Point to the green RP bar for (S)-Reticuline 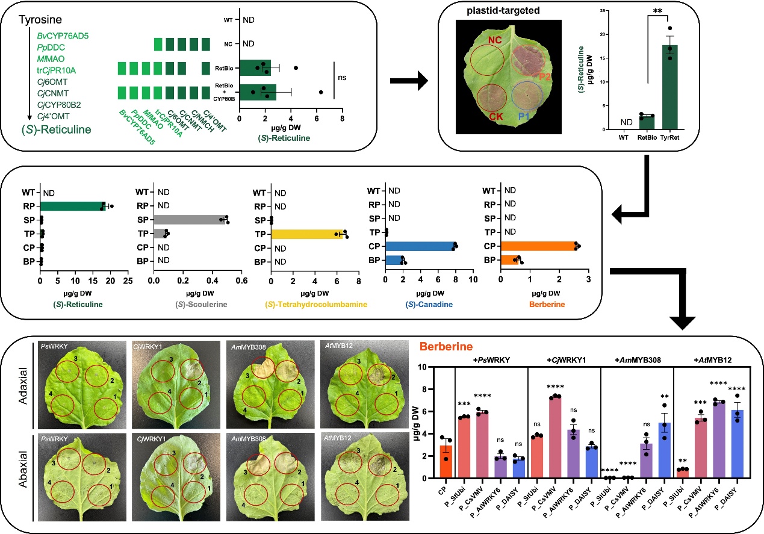[x=72, y=206]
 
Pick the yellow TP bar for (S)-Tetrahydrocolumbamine [x=306, y=234]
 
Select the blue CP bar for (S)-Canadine [x=420, y=246]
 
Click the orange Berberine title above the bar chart [x=446, y=347]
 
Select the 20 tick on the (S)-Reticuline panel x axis [x=110, y=280]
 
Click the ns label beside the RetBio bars [x=341, y=78]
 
